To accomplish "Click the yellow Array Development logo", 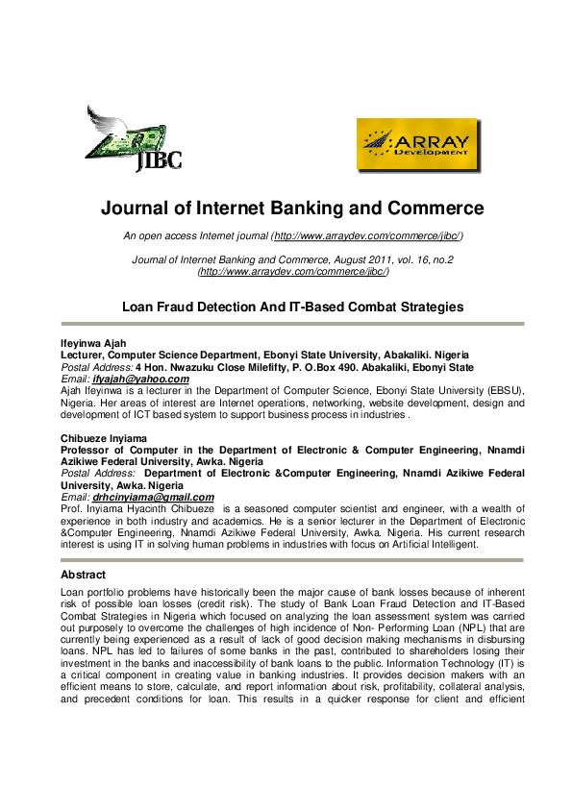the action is (418, 144).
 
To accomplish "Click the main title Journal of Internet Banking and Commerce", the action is (292, 208).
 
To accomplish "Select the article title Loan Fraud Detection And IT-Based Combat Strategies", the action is (292, 307).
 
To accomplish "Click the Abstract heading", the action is (83, 575).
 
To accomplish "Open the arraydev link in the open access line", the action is (367, 235).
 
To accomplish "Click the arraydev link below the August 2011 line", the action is (292, 272).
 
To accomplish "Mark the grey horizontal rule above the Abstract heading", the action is (292, 559).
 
